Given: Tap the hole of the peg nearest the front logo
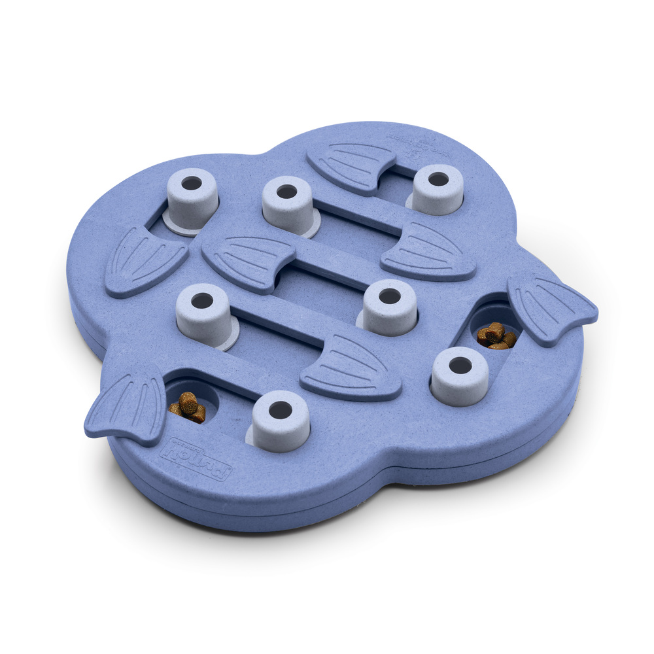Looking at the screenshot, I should click(x=281, y=411).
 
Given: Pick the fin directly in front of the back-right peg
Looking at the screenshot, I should click(x=428, y=252).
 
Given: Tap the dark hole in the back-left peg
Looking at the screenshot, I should click(x=191, y=183).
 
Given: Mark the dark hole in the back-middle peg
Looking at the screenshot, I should click(x=286, y=192).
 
